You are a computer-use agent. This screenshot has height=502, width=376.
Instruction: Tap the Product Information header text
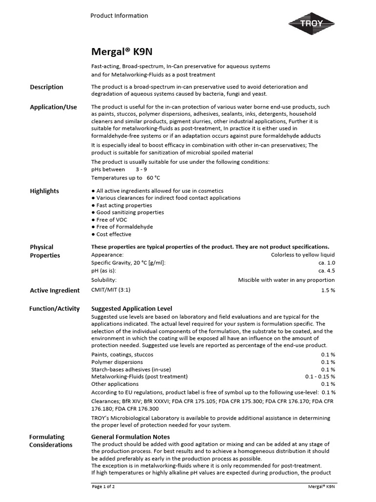pos(119,16)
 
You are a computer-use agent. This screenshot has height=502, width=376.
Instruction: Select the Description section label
pos(47,87)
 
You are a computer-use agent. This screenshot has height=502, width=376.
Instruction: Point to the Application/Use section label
pos(53,107)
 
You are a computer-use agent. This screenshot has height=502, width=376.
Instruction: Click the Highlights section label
pos(45,191)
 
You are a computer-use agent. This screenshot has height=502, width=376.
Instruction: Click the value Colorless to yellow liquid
pos(303,255)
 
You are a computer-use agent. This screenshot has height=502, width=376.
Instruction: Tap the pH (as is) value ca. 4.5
pos(327,271)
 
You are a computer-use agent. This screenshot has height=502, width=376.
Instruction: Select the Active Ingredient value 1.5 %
pos(328,290)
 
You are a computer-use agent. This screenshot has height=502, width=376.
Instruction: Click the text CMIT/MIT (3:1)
pos(111,290)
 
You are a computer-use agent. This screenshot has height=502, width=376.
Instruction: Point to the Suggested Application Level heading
pos(132,309)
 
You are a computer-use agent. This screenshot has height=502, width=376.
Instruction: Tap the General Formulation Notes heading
pos(131,437)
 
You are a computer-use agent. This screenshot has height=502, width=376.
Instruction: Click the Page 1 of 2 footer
pos(103,487)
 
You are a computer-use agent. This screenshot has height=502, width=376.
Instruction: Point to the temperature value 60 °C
pos(153,178)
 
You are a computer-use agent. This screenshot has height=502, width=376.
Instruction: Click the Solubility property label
pos(104,280)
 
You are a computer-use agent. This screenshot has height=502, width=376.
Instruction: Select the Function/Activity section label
pos(54,309)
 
